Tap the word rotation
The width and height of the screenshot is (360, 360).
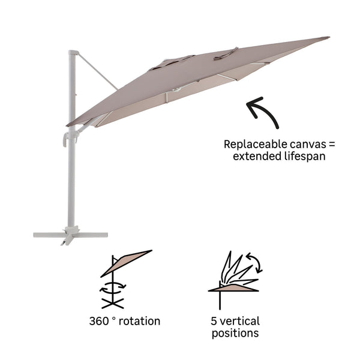click(140, 321)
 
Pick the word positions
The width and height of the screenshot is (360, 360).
click(235, 333)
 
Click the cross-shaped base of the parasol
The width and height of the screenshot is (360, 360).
click(71, 235)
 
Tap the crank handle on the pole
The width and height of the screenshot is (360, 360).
click(67, 139)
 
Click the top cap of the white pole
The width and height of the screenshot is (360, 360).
click(73, 53)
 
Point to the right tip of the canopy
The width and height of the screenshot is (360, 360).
click(327, 38)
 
